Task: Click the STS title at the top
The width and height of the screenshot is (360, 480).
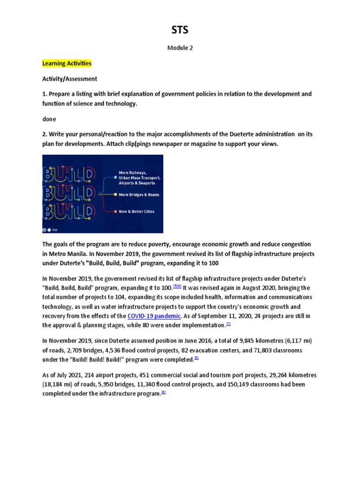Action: pyautogui.click(x=180, y=30)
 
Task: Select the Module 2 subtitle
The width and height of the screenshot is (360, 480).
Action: pyautogui.click(x=180, y=48)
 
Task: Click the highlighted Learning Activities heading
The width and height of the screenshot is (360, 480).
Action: pyautogui.click(x=67, y=63)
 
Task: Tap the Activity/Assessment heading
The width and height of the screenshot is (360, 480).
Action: pyautogui.click(x=70, y=79)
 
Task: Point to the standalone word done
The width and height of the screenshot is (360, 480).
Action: pyautogui.click(x=49, y=119)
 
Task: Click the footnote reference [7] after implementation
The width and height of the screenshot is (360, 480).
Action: pyautogui.click(x=228, y=324)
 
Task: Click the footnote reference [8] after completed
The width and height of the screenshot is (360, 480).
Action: pyautogui.click(x=196, y=359)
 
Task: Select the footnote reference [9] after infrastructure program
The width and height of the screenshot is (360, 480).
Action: pyautogui.click(x=163, y=393)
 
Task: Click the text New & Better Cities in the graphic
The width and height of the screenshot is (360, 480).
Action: pyautogui.click(x=137, y=211)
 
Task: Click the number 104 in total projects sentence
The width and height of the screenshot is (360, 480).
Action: pyautogui.click(x=119, y=297)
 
